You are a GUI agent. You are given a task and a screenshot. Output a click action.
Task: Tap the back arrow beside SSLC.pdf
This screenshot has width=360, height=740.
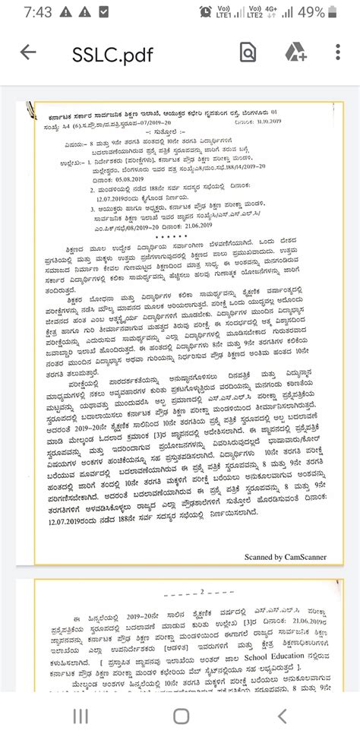28,52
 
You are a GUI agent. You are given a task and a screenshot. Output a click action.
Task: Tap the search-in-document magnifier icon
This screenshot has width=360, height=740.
248,52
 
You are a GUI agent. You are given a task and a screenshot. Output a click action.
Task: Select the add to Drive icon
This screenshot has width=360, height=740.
295,52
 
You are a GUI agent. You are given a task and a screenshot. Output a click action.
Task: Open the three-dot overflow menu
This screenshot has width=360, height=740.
338,52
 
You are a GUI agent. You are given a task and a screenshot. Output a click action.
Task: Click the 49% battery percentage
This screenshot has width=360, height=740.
331,13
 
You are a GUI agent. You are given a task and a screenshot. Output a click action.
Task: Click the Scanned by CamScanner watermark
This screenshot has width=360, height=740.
285,557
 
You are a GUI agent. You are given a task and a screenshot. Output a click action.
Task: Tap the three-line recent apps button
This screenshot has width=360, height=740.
81,716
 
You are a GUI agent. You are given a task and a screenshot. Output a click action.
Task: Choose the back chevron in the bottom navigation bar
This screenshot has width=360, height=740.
281,716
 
